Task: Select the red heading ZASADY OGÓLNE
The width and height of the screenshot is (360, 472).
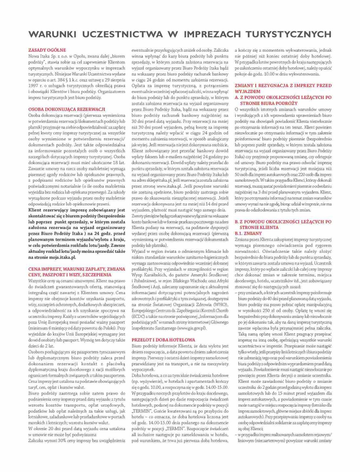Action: [x=47, y=50]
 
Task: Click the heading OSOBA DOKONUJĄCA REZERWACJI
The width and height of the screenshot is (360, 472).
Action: [x=67, y=109]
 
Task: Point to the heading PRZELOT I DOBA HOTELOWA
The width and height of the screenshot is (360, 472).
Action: [x=163, y=340]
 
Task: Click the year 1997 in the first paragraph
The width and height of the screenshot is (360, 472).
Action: [x=33, y=86]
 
